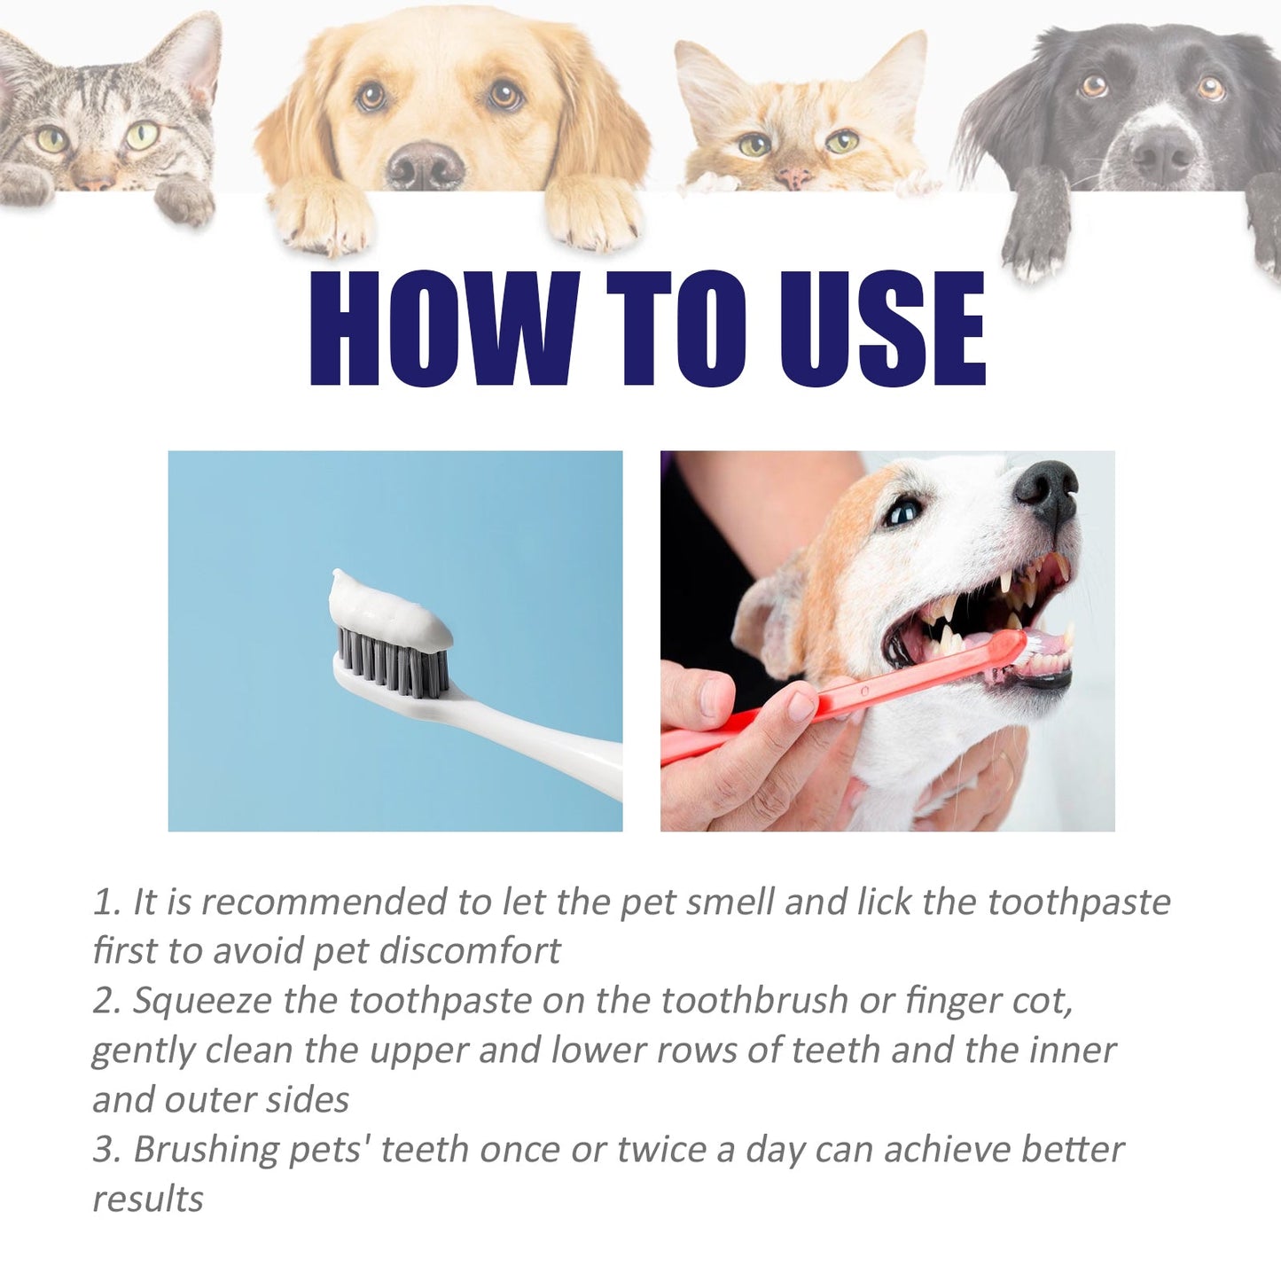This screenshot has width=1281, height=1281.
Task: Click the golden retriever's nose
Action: click(426, 166)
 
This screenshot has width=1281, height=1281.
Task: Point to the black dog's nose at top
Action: click(1162, 152)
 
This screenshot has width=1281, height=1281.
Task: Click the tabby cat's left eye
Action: click(51, 139)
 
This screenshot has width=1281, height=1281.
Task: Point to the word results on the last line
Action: click(148, 1199)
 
